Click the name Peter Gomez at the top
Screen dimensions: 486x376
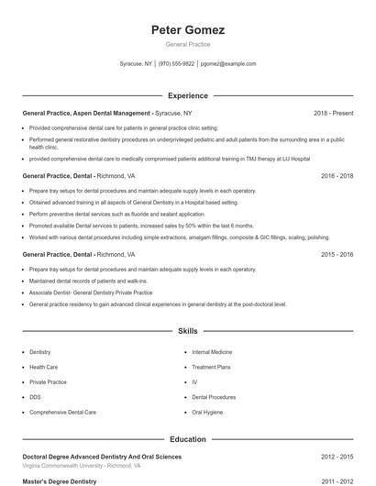point(187,30)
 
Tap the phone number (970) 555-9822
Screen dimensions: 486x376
point(176,64)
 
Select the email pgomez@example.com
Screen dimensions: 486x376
point(228,64)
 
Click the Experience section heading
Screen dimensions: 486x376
point(187,95)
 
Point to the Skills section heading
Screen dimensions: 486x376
point(187,330)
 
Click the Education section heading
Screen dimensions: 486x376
point(187,440)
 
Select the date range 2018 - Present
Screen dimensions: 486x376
point(333,113)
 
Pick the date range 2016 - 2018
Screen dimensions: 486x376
point(337,175)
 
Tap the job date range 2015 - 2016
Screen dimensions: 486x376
point(337,254)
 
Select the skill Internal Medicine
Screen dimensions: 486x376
point(212,351)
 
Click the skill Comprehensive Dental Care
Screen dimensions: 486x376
point(62,413)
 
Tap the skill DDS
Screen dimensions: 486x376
point(35,397)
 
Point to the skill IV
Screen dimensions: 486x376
point(194,381)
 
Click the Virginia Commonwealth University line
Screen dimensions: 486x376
point(82,465)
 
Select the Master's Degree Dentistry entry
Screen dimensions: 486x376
point(59,480)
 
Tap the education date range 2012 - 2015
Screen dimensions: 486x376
point(337,456)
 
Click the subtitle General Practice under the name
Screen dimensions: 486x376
point(187,44)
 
